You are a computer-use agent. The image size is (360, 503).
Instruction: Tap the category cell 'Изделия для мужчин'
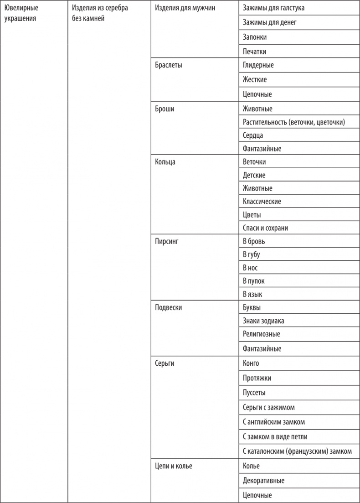tap(185, 8)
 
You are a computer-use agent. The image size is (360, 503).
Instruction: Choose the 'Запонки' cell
tap(255, 37)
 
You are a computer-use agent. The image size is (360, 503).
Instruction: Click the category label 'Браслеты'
tap(169, 65)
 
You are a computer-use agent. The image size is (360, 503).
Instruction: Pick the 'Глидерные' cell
tap(258, 65)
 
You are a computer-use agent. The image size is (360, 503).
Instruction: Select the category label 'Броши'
tap(165, 109)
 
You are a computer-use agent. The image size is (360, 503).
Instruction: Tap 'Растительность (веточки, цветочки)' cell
tap(294, 122)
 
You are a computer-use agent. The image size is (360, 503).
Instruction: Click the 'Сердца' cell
tap(253, 135)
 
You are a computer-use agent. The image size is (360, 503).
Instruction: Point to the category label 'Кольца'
tap(165, 162)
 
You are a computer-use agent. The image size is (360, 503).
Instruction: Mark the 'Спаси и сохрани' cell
tap(265, 228)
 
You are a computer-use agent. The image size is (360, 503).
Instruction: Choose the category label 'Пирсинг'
tap(167, 241)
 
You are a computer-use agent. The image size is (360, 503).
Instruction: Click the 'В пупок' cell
tap(253, 281)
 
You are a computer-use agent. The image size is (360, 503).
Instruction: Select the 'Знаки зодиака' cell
tap(263, 321)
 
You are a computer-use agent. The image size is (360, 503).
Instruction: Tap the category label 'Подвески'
tap(168, 307)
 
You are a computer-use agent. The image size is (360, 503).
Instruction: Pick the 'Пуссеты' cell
tap(254, 393)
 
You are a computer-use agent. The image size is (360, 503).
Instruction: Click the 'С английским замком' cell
tap(274, 422)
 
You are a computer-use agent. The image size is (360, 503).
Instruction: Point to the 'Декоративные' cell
tap(264, 481)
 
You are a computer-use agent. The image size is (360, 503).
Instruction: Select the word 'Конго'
tap(251, 363)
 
